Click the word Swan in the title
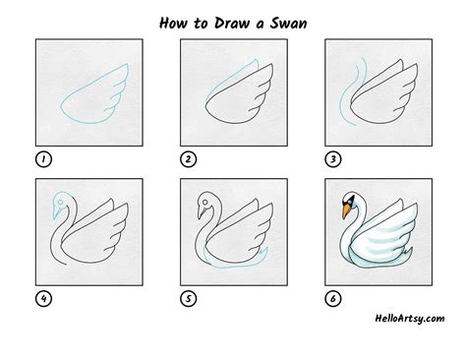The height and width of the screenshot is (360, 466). tap(288, 23)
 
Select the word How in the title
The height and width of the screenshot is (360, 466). tap(173, 23)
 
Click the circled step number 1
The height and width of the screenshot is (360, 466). tap(43, 159)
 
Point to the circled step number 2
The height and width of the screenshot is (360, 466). tap(188, 159)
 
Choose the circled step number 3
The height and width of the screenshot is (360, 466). tap(333, 159)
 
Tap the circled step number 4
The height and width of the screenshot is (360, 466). tap(43, 299)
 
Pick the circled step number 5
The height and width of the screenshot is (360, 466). tap(188, 299)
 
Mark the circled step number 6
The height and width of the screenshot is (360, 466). tap(333, 299)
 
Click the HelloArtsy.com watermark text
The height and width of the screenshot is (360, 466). tap(410, 318)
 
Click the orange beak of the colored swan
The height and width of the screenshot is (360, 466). tap(346, 211)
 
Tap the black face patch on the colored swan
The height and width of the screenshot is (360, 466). tap(350, 201)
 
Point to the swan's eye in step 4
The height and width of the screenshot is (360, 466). tap(60, 202)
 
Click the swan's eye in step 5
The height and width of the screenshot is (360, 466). tap(204, 202)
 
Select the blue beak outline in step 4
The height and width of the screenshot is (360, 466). tap(57, 212)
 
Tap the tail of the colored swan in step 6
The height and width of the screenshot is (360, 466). tap(408, 254)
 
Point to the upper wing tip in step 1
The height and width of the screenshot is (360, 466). tap(127, 65)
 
